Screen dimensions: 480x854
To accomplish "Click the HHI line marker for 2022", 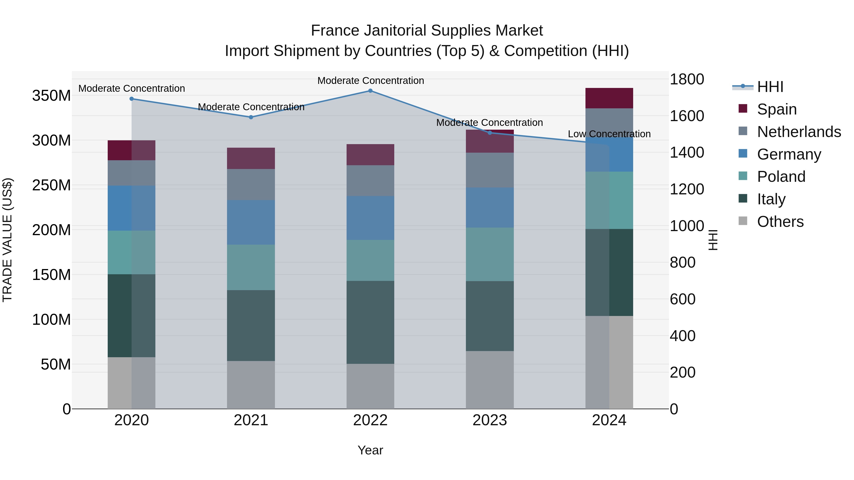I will point(370,91).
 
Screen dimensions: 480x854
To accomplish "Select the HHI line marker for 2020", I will point(132,99).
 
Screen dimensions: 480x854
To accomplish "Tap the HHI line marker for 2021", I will point(251,117).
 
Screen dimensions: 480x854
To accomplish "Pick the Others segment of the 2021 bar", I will point(251,385).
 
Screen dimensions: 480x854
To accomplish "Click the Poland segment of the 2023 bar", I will point(490,254).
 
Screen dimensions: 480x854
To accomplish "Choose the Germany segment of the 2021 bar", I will point(251,222).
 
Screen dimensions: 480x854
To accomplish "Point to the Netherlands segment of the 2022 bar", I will point(370,181).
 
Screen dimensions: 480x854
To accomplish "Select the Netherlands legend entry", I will point(799,132).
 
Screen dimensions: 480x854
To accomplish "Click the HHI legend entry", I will point(770,87).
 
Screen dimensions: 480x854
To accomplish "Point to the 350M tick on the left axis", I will point(51,96).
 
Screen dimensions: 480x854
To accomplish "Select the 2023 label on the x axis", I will point(490,420).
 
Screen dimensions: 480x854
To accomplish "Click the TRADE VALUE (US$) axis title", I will point(7,240).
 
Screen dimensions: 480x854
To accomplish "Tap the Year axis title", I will point(370,450).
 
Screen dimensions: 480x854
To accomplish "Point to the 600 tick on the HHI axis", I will point(682,299).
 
